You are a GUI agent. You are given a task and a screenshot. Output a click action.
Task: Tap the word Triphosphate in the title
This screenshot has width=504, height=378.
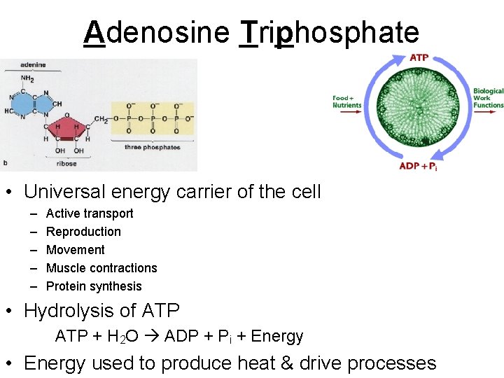[x=329, y=33]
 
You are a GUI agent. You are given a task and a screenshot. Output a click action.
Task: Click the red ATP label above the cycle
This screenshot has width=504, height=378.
[x=419, y=57]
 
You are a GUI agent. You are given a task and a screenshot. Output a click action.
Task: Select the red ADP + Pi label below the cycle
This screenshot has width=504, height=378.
[x=418, y=167]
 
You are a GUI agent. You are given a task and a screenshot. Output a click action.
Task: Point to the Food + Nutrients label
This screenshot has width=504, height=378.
[x=346, y=101]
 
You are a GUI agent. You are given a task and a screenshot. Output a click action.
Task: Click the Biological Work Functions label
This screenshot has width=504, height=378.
[x=488, y=98]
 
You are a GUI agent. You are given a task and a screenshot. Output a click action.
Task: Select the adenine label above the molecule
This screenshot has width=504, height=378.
[x=32, y=65]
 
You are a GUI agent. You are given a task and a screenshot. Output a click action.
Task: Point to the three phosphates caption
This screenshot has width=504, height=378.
[x=153, y=147]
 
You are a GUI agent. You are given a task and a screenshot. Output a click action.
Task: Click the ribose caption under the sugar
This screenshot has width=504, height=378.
[x=66, y=164]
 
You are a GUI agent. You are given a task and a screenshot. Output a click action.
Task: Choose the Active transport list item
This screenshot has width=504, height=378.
[x=89, y=213]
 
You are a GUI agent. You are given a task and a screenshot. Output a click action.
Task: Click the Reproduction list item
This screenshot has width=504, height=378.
[x=83, y=232]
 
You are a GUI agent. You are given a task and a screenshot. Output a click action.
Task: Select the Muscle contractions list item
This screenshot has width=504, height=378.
[x=101, y=268]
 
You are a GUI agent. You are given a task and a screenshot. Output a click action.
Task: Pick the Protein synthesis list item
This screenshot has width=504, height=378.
[x=94, y=286]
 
